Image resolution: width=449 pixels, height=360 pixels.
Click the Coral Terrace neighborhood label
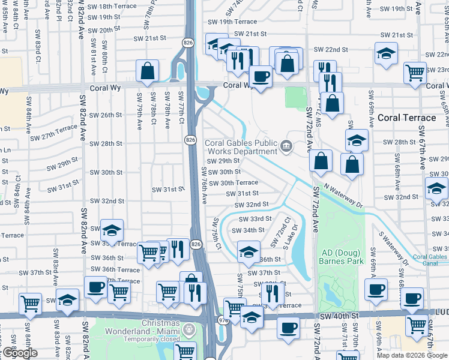point(406,118)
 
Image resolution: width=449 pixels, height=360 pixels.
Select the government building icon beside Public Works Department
point(286,145)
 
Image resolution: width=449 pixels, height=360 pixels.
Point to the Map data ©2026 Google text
point(412,355)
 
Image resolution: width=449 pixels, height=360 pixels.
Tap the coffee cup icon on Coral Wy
point(261,77)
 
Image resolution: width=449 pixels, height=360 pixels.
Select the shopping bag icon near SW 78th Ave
point(147,71)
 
